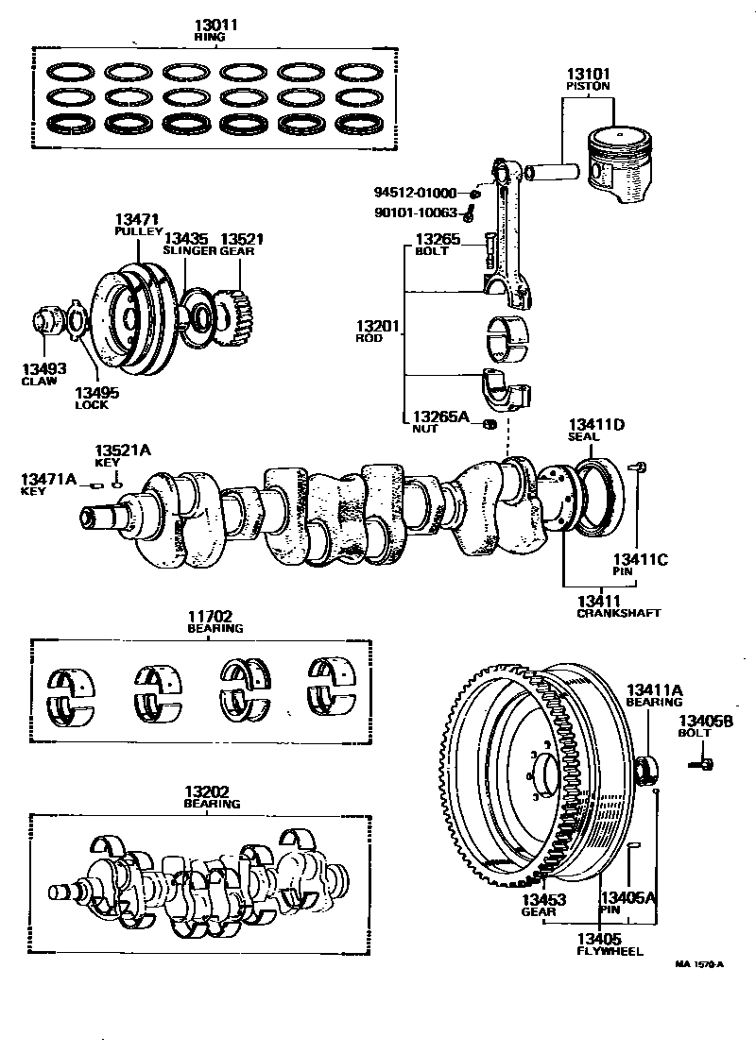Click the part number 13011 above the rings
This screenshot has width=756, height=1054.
211,25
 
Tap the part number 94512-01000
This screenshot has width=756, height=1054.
415,193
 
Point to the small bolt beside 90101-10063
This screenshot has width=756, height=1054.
469,214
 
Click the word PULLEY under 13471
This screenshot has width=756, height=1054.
139,231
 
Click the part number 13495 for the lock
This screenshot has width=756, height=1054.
96,393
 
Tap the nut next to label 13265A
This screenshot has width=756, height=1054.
490,424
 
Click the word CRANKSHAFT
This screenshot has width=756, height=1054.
618,613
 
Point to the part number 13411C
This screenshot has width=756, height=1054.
640,559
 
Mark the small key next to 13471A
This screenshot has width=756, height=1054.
96,484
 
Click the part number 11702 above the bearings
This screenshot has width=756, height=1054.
210,616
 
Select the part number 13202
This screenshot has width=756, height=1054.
208,791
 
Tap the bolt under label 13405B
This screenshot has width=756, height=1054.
701,764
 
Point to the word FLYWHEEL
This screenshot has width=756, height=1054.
610,951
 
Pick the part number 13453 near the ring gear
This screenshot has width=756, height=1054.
544,899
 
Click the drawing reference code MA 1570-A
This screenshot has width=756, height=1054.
699,964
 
